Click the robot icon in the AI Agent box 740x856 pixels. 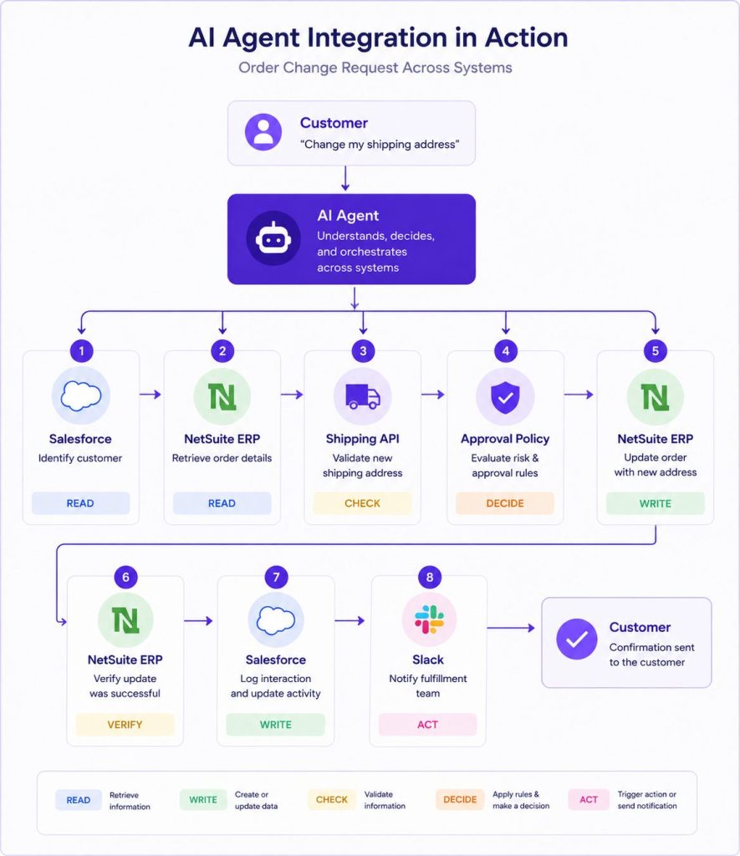coord(273,238)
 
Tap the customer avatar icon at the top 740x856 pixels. coord(263,132)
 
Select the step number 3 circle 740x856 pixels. coord(363,350)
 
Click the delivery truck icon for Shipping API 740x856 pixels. coord(363,396)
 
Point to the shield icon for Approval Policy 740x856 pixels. coord(505,396)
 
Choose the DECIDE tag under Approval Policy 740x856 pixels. coord(505,502)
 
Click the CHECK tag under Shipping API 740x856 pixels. coord(363,502)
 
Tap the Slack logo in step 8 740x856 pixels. coord(429,619)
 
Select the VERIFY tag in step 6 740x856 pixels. coord(125,725)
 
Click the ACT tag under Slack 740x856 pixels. coord(427,725)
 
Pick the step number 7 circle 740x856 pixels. coord(276,577)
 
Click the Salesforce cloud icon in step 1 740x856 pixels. coord(81,395)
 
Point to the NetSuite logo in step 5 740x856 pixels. coord(656,397)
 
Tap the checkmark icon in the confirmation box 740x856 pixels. coord(577,639)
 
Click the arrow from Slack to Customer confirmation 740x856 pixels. coord(511,628)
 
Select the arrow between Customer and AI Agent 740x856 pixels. coord(345,179)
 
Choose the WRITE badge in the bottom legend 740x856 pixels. coord(203,800)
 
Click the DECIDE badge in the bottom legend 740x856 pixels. coord(460,800)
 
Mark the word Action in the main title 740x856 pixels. coord(527,38)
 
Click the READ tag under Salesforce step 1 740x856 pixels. coord(80,502)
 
